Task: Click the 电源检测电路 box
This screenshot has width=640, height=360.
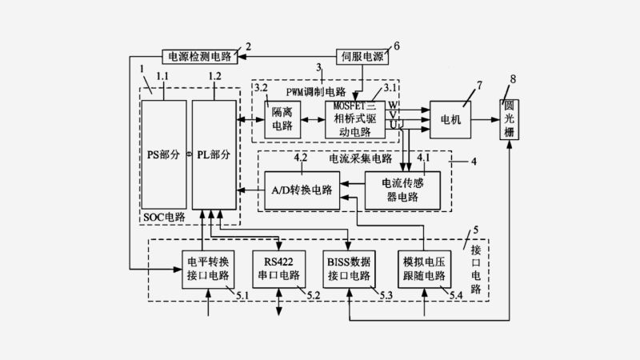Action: pos(198,57)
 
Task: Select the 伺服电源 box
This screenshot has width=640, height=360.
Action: pos(363,57)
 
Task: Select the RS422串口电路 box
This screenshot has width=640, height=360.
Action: pos(279,269)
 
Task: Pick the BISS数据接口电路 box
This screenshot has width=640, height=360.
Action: pos(350,269)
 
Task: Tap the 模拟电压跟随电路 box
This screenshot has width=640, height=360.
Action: pos(422,269)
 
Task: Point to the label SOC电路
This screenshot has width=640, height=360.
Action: pos(163,217)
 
